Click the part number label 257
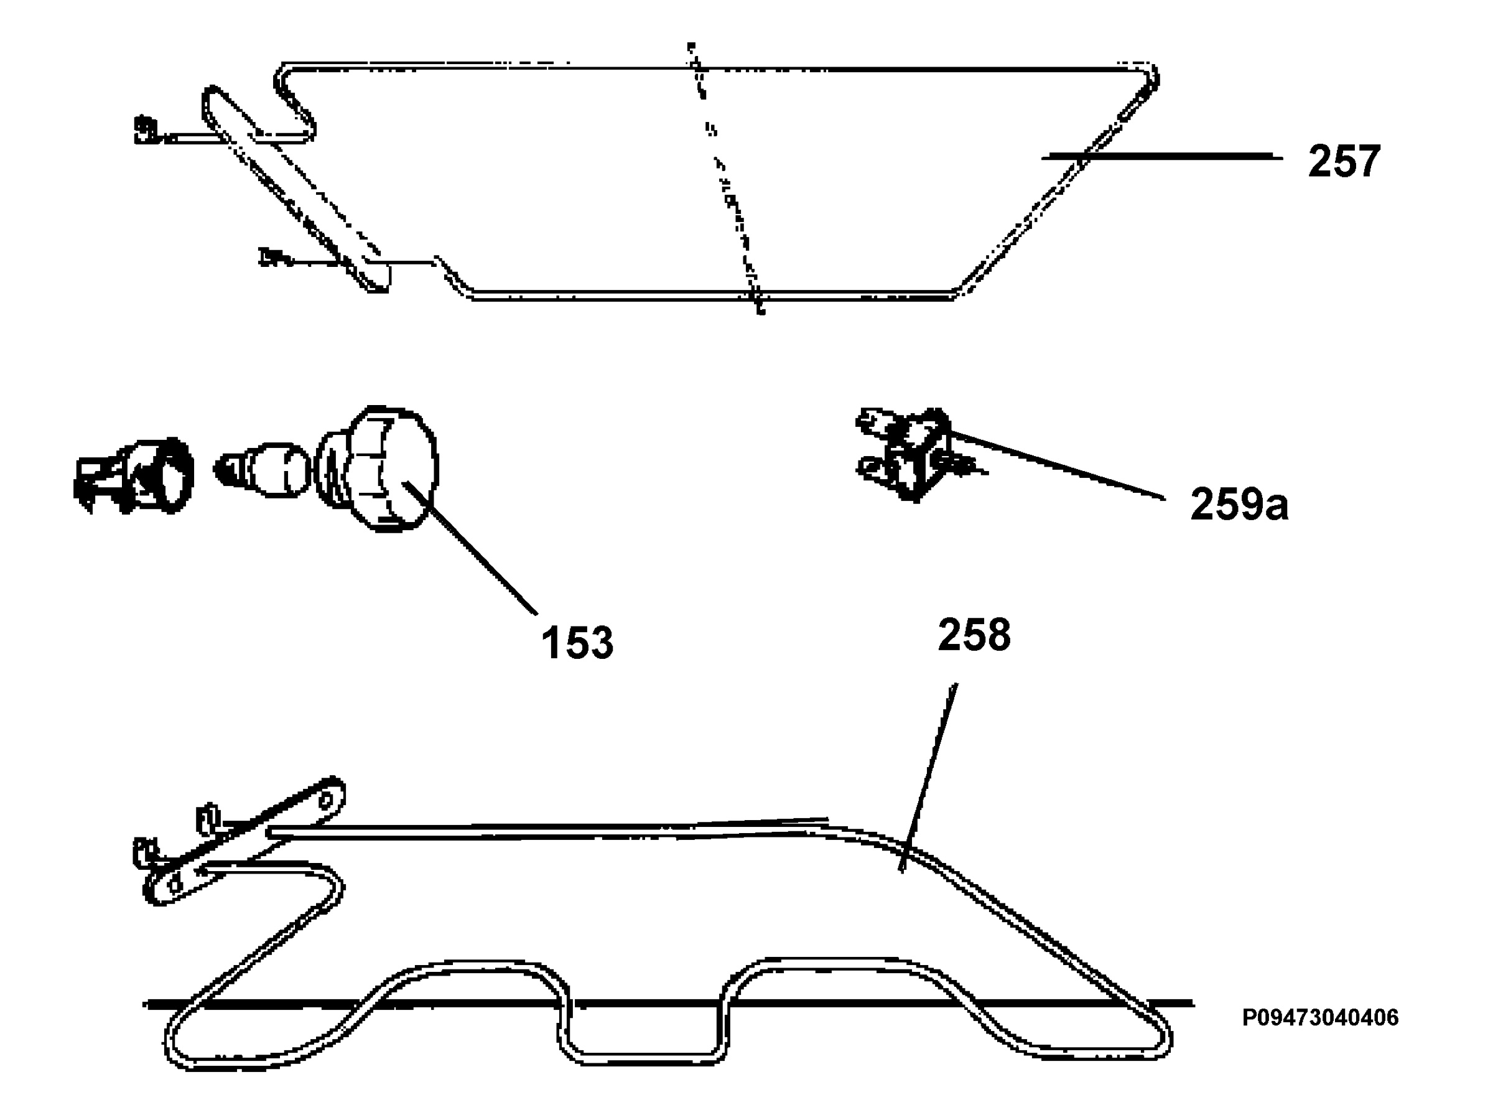(x=1344, y=161)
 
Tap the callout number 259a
(x=1239, y=505)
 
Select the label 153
(x=577, y=643)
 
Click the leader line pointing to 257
(x=1162, y=157)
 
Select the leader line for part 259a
(x=1056, y=464)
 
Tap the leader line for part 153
(x=470, y=548)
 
